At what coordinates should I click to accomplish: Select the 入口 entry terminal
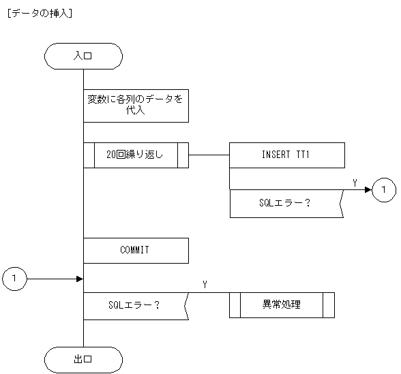(x=83, y=57)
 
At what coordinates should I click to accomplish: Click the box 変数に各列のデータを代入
(x=135, y=105)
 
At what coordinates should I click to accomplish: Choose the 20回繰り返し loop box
(x=135, y=155)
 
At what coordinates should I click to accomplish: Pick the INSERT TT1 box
(x=286, y=155)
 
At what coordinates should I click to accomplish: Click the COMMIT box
(x=135, y=250)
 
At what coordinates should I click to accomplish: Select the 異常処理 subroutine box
(x=282, y=305)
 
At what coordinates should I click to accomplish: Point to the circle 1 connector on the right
(x=384, y=189)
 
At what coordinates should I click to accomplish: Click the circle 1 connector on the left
(x=14, y=278)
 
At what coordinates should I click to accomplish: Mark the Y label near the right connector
(x=355, y=183)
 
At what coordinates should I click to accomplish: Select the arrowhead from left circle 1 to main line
(x=79, y=278)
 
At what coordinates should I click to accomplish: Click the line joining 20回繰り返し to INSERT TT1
(x=209, y=155)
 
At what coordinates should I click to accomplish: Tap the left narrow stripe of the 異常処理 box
(x=235, y=305)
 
